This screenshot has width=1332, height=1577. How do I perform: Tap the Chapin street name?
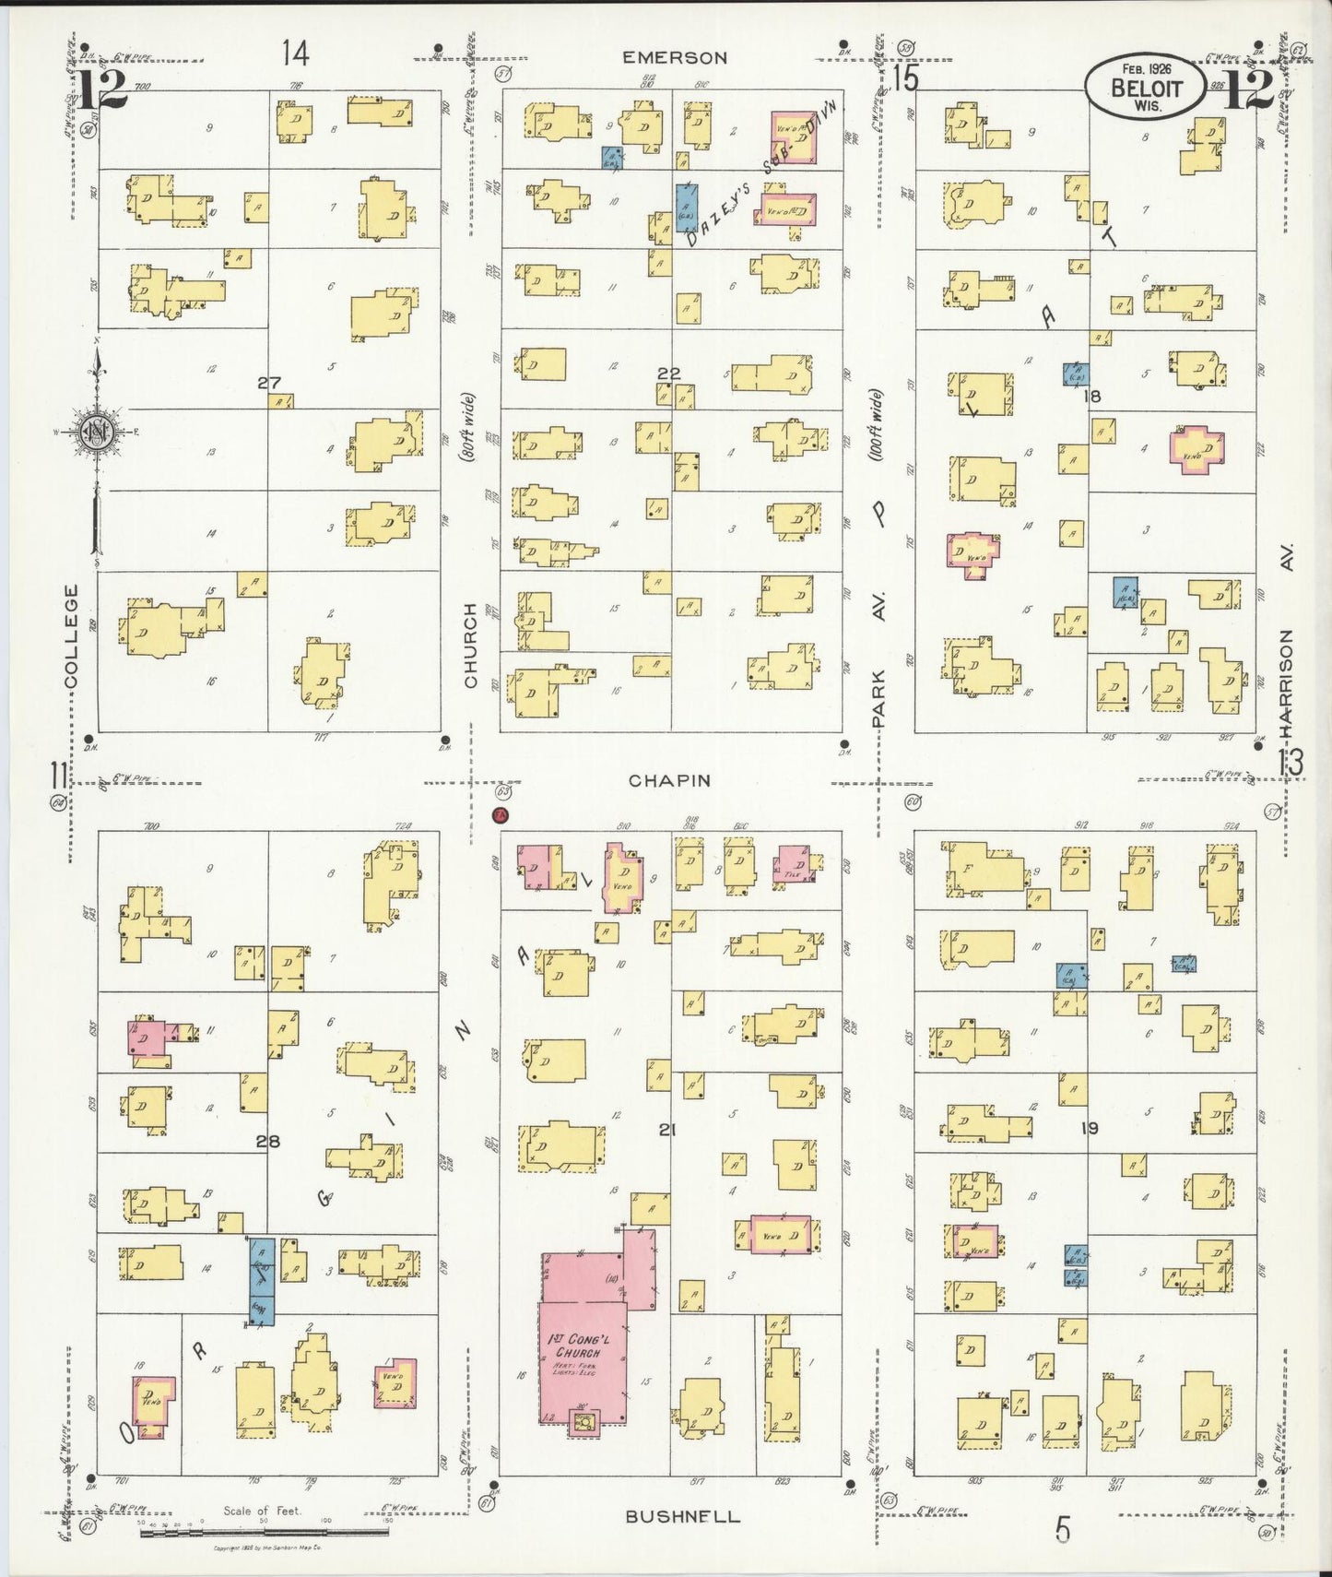[669, 780]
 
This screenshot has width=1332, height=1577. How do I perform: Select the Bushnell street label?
[682, 1516]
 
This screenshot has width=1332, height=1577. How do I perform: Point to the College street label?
[72, 635]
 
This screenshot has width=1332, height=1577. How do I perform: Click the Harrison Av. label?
[1288, 646]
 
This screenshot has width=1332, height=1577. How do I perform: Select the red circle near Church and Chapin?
[500, 815]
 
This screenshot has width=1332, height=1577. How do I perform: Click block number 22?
[669, 373]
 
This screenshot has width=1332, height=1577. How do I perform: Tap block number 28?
[268, 1142]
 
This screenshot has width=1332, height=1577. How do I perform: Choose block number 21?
[668, 1128]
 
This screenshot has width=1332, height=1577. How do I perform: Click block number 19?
[1090, 1127]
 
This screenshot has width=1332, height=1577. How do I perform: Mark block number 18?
[1093, 397]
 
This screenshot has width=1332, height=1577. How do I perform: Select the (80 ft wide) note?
[469, 427]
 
